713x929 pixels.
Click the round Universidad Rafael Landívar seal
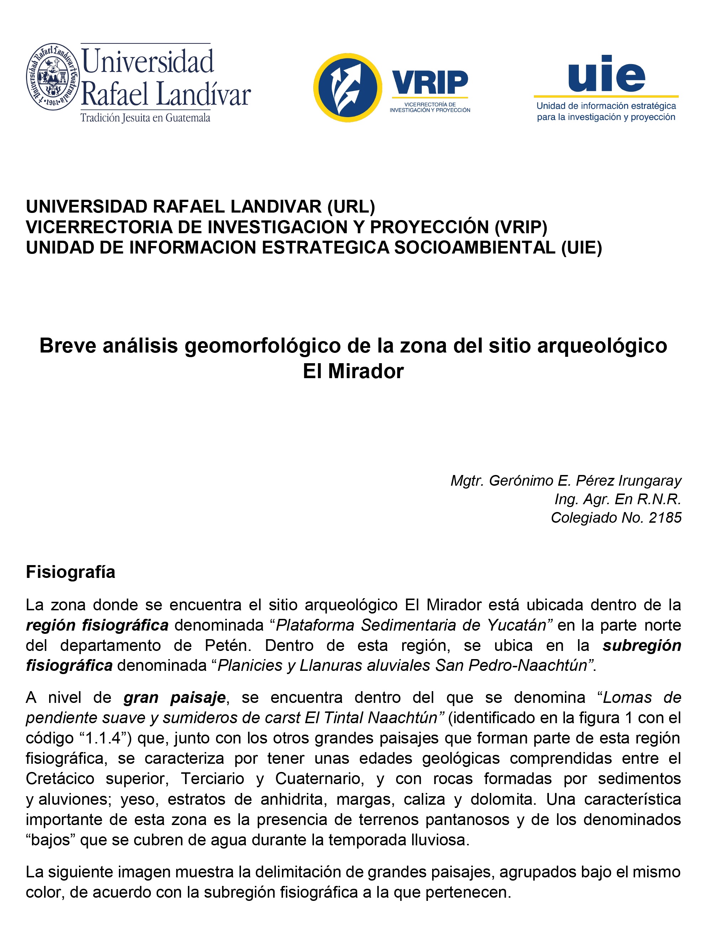[53, 77]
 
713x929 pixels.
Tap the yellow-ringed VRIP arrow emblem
[347, 88]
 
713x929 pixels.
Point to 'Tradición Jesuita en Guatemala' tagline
[146, 118]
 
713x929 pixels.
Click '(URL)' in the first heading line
[351, 207]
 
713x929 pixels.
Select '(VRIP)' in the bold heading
[521, 227]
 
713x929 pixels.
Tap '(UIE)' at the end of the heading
[581, 247]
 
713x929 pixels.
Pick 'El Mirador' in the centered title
[353, 371]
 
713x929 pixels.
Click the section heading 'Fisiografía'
[70, 572]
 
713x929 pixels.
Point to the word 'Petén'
[228, 645]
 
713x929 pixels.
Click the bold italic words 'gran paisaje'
[174, 697]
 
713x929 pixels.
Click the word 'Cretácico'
[60, 779]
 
